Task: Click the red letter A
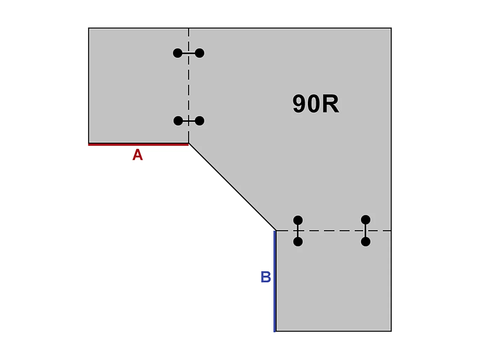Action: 138,155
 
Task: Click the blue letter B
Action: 266,277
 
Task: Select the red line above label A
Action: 138,144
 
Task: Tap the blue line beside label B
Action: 275,281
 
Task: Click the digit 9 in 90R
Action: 300,104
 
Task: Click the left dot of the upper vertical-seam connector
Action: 178,53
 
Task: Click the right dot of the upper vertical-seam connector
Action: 200,53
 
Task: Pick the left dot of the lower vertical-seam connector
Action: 178,121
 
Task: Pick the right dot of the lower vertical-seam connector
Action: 199,121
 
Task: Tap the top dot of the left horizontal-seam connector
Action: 298,220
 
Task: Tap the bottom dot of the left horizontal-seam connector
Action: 298,242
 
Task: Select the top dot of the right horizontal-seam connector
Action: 366,220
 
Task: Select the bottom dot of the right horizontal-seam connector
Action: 366,242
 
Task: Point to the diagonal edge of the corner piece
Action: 232,187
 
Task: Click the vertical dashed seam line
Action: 188,86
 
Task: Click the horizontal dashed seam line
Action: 334,231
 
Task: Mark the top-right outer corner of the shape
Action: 391,28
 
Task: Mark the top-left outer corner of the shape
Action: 89,28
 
